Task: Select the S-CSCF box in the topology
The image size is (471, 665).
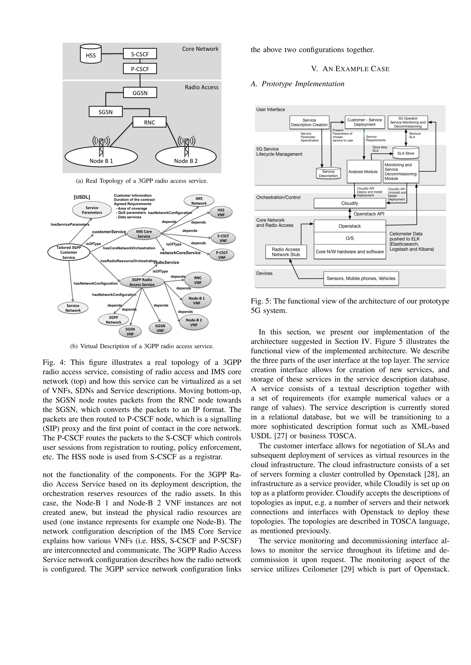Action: click(140, 54)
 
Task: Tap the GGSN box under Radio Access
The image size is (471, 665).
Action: click(140, 93)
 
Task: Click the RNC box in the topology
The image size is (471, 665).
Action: click(149, 122)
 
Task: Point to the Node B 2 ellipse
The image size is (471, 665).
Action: click(186, 157)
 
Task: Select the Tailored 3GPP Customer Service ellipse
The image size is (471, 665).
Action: click(69, 252)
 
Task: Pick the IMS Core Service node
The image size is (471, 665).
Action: click(144, 234)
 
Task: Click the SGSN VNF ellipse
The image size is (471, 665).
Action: click(130, 331)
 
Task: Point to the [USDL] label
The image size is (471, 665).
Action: click(82, 197)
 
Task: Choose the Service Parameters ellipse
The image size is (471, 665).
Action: click(92, 210)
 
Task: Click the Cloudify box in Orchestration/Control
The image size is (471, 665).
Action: click(350, 203)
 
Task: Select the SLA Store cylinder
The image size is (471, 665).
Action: click(406, 153)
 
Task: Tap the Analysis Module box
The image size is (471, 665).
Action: click(363, 172)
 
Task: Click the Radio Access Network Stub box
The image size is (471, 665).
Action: click(286, 252)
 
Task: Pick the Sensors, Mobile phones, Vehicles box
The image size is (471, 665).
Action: click(361, 278)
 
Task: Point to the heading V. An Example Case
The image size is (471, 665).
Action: click(350, 69)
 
